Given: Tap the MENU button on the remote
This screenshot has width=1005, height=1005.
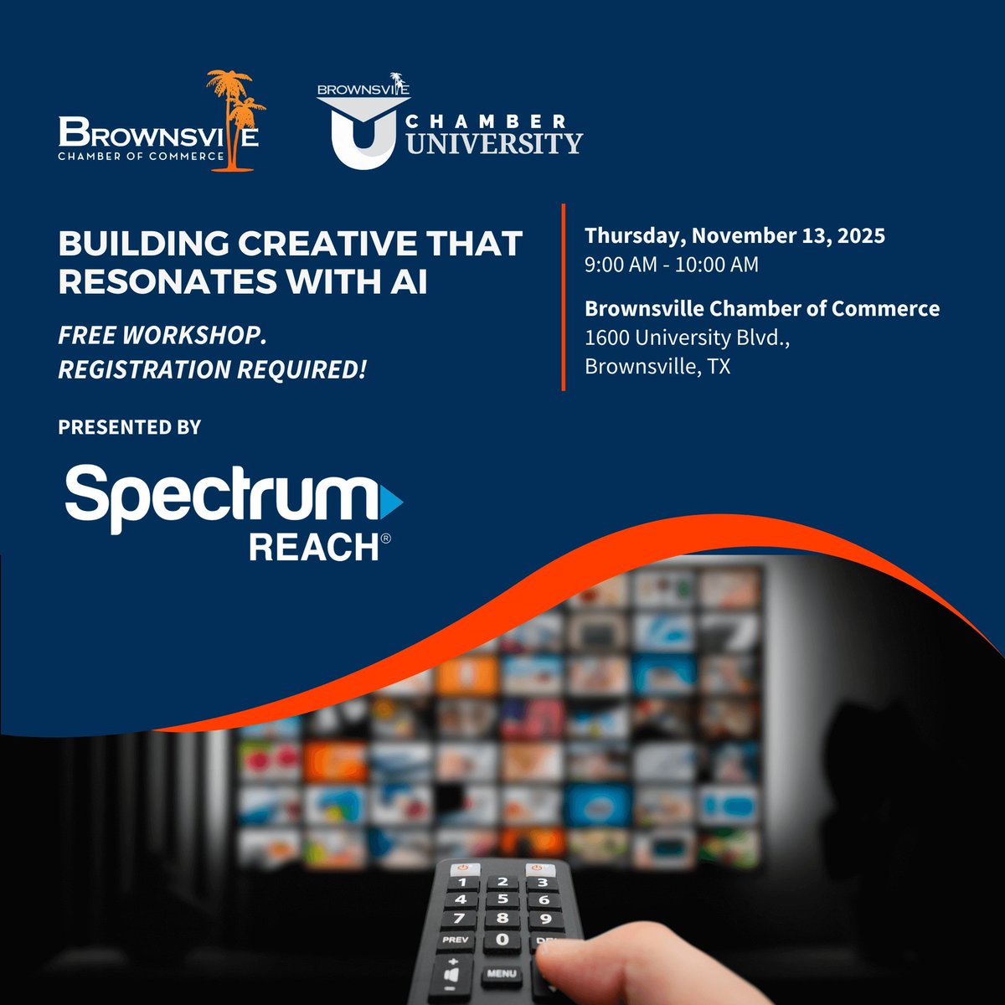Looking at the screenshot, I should pyautogui.click(x=501, y=973).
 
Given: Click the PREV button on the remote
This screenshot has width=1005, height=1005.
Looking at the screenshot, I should pyautogui.click(x=456, y=940).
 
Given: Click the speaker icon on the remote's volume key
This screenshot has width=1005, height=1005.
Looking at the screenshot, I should pyautogui.click(x=453, y=976).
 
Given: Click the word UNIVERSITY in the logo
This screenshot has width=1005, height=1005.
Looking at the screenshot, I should pyautogui.click(x=494, y=143).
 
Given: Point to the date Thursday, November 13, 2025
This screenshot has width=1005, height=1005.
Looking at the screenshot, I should pyautogui.click(x=734, y=235).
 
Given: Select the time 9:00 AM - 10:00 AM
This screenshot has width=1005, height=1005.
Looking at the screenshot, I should pyautogui.click(x=672, y=265).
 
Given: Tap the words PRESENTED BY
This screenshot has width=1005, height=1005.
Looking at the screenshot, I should pyautogui.click(x=130, y=427).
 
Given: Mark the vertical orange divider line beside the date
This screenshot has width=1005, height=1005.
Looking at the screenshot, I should pyautogui.click(x=563, y=297).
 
